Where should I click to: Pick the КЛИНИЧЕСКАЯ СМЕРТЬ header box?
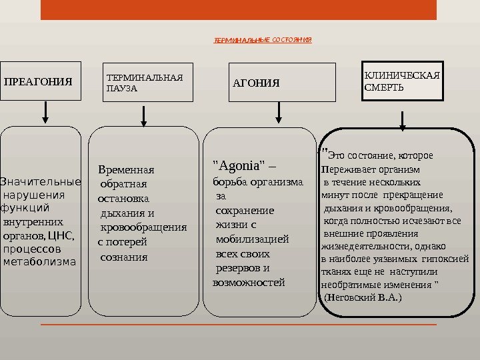pos(402,81)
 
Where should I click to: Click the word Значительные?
pos(41,182)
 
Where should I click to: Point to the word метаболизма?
pos(40,261)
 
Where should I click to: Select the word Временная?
pos(126,169)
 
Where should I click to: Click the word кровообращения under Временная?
pos(143,227)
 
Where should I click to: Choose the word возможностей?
pos(248,283)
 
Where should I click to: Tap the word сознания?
pos(123,257)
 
